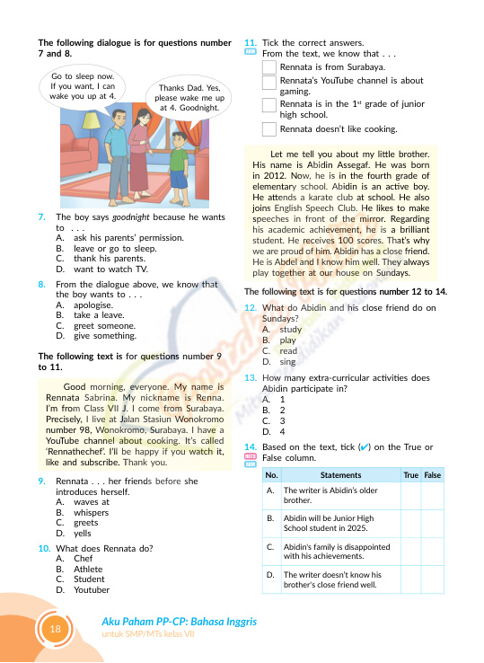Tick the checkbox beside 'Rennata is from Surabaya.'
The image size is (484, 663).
268,66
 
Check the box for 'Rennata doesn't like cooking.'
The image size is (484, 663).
268,129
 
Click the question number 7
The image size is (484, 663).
41,217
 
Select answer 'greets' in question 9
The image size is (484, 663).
86,523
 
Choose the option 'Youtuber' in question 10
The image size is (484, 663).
92,590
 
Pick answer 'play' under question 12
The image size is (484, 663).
287,340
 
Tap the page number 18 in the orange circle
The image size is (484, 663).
56,629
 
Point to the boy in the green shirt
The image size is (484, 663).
179,164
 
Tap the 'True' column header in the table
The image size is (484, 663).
410,475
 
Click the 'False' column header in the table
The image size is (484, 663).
433,475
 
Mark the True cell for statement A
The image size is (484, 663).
411,496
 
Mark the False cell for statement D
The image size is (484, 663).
433,579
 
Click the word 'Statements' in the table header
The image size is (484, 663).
340,475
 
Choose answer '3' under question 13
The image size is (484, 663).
282,421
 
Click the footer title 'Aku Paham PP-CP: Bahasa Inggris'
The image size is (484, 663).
180,622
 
